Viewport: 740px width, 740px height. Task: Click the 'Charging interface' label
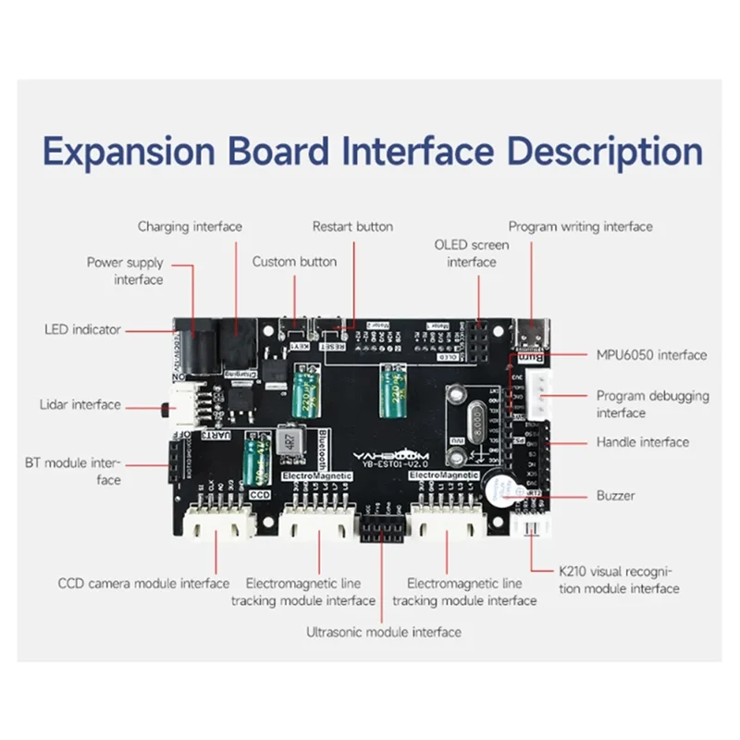click(190, 227)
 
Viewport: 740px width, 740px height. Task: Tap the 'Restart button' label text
click(352, 227)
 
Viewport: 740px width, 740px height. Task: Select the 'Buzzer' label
click(615, 496)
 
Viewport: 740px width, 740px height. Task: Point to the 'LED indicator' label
click(82, 329)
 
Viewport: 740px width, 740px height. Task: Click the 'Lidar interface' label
click(80, 404)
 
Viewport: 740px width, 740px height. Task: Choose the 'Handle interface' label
click(642, 442)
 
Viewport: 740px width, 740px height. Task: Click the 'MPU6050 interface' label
click(651, 355)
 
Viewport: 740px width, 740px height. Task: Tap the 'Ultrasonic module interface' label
click(383, 633)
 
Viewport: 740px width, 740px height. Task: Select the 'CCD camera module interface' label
click(143, 584)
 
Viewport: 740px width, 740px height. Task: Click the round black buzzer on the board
click(497, 490)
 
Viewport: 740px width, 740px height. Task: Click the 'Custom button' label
click(294, 262)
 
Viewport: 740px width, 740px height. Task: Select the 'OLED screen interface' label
click(472, 253)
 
